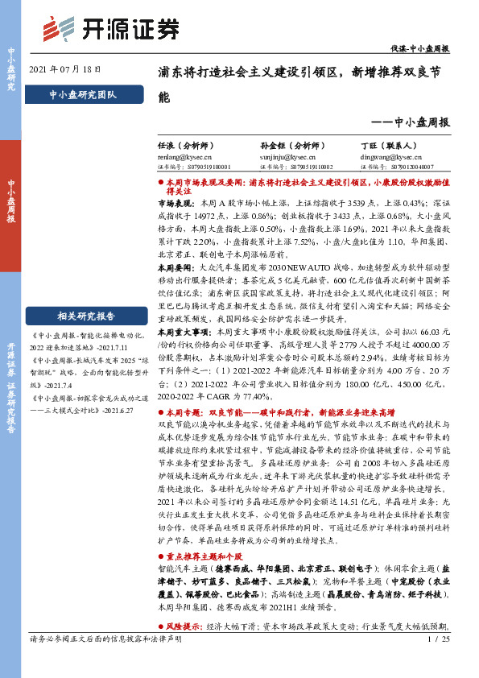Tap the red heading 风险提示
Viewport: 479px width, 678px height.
pyautogui.click(x=181, y=626)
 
